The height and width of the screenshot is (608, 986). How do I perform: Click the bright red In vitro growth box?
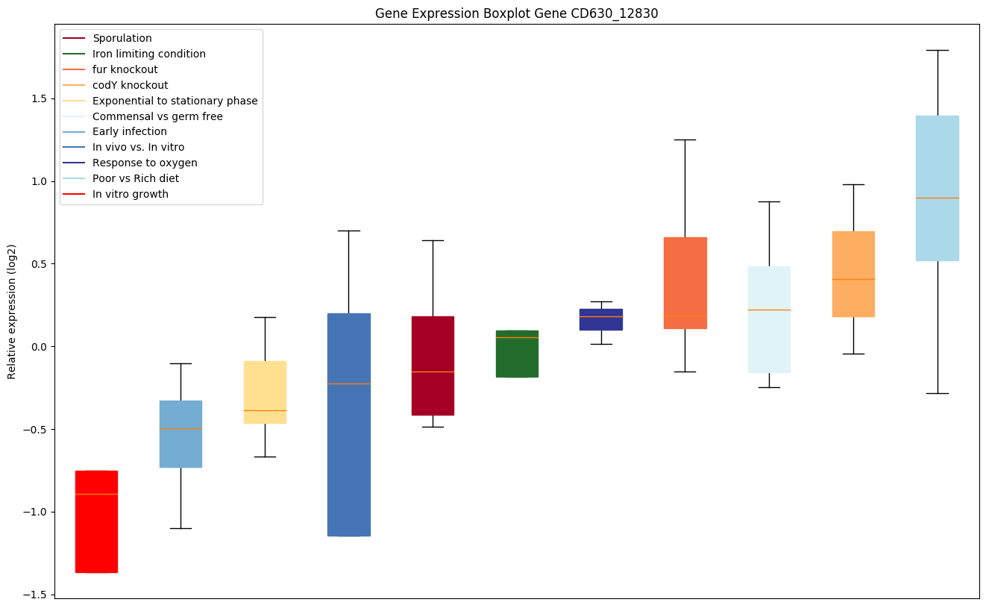click(96, 522)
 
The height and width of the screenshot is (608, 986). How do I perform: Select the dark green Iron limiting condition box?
click(517, 354)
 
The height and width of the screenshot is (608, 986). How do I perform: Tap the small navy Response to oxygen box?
click(601, 319)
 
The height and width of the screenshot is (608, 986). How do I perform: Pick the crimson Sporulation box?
click(433, 366)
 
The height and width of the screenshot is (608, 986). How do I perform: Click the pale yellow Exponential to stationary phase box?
click(265, 392)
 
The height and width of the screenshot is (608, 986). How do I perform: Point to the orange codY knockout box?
click(853, 274)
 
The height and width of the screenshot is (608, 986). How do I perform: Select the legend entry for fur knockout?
click(125, 69)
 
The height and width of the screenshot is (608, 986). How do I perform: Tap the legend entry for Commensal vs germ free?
click(157, 116)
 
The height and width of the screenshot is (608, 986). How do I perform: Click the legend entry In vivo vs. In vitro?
click(138, 148)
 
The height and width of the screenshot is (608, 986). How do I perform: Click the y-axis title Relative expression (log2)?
click(12, 312)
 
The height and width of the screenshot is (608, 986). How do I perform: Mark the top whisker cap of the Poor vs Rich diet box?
click(937, 50)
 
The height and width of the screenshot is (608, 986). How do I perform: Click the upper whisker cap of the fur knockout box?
click(685, 140)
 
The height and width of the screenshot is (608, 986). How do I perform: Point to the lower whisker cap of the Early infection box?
click(180, 528)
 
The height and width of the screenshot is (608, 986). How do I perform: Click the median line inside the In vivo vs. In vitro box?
click(348, 383)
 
